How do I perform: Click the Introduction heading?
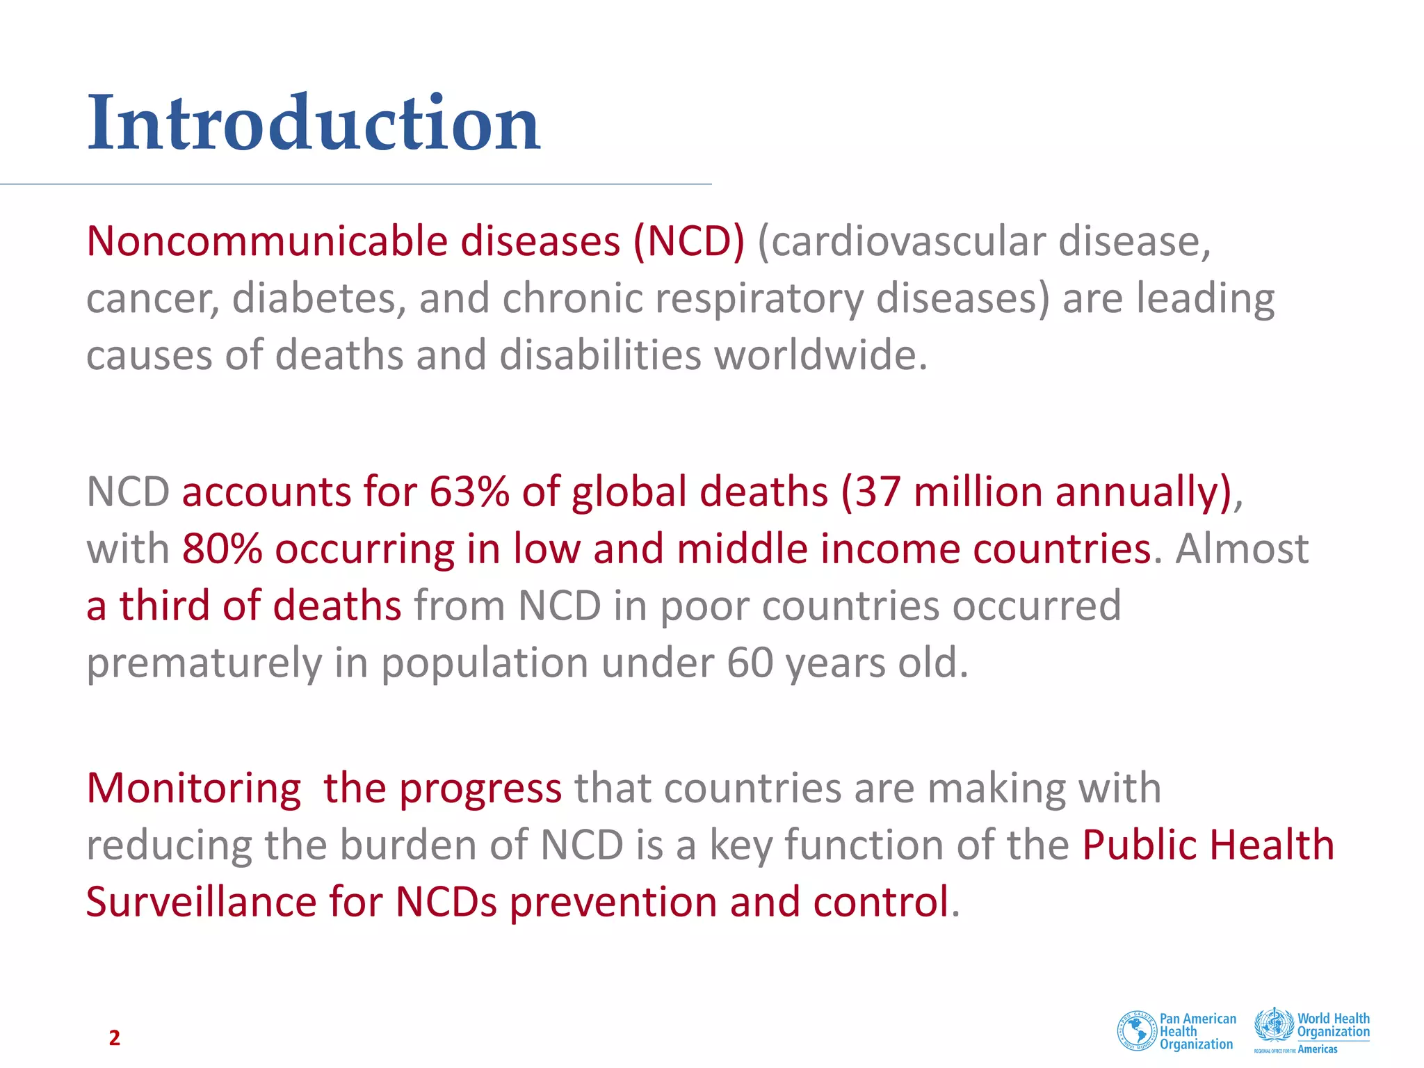[x=314, y=124]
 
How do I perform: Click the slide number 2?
[x=115, y=1037]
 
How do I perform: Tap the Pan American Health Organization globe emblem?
[x=1136, y=1030]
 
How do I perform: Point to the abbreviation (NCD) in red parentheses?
[x=688, y=242]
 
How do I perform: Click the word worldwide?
[x=820, y=356]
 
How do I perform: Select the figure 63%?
[x=469, y=492]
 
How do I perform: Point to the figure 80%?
[x=222, y=549]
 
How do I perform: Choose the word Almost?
[x=1242, y=549]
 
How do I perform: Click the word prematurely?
[x=204, y=664]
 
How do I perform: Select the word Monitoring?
[x=194, y=790]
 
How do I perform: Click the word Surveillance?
[x=202, y=903]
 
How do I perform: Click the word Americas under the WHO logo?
[x=1318, y=1049]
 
